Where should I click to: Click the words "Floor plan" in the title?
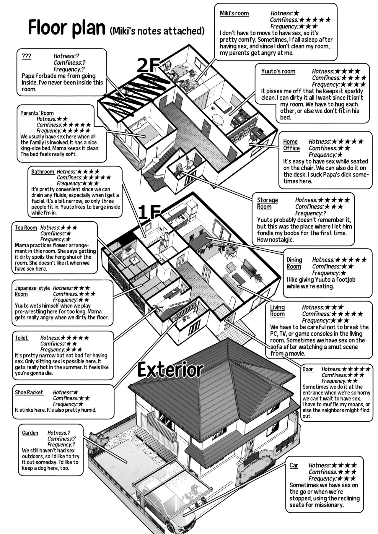67,28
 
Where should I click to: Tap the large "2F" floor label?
148,65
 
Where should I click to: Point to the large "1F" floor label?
149,212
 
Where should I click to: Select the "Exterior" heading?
171,370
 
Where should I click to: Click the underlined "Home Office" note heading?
291,145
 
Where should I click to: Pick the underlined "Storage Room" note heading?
268,203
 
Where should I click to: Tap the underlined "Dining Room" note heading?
294,263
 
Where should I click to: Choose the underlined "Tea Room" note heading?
26,228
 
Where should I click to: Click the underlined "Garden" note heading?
30,433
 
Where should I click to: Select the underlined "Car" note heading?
294,465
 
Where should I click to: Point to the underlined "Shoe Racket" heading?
29,392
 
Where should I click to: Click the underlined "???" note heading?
26,56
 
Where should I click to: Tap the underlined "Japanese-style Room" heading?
32,291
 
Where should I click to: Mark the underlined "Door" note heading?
308,369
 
